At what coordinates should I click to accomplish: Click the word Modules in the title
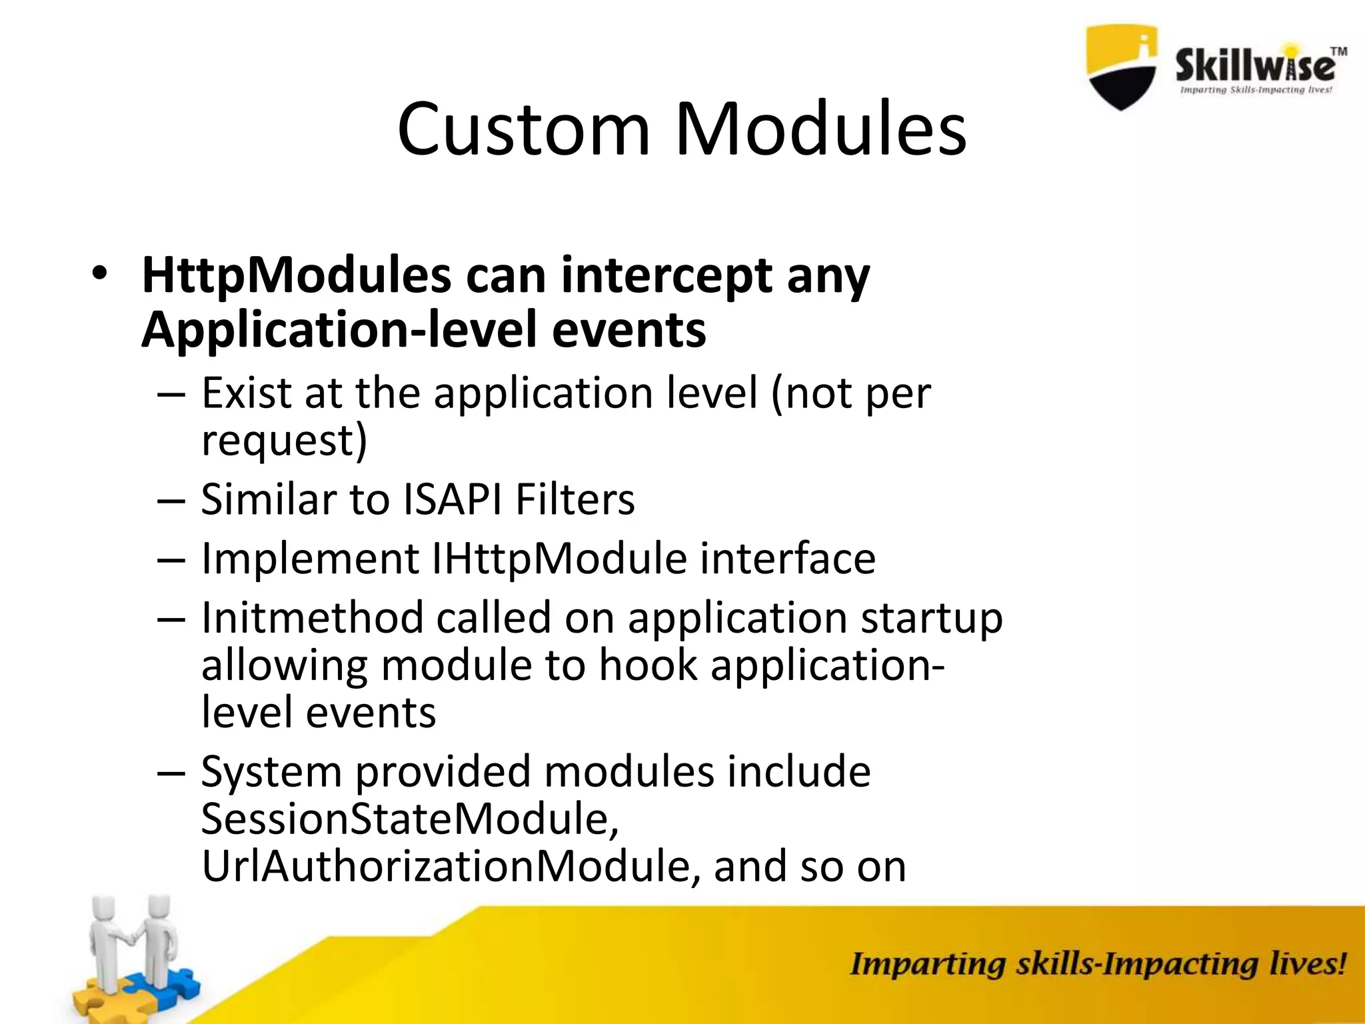[821, 130]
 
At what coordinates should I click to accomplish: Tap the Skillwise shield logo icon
[1122, 67]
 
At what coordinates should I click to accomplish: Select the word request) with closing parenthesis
[284, 441]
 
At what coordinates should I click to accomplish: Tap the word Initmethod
[313, 617]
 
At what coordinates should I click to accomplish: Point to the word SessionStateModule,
[410, 819]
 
